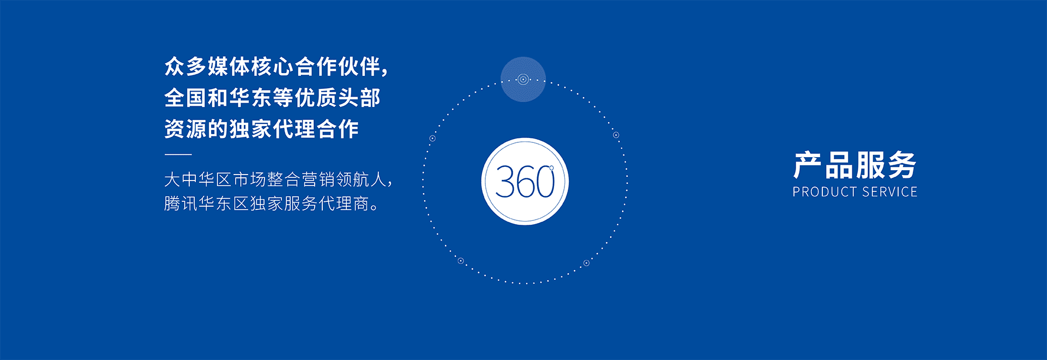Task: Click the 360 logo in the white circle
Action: pos(525,182)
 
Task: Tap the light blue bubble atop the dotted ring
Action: pos(523,79)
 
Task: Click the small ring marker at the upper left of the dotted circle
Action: pos(432,139)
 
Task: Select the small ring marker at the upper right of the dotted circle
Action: pos(616,135)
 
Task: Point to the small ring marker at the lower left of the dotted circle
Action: pos(460,261)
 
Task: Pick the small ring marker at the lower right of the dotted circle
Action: pos(586,263)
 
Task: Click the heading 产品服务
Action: pos(855,165)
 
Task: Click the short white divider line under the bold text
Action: pos(178,155)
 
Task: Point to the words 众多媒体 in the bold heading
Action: pos(207,67)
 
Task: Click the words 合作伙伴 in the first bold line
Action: pos(338,67)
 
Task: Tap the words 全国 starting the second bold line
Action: pos(185,98)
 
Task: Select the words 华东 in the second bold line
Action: pos(251,98)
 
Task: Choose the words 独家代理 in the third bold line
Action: pos(273,129)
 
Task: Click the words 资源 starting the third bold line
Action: pos(185,129)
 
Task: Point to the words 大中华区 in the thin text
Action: pos(198,179)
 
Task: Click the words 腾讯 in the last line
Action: pos(181,203)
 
